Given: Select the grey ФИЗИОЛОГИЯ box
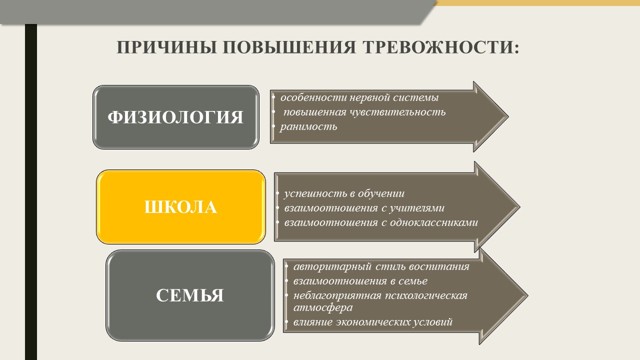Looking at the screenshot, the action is coord(175,117).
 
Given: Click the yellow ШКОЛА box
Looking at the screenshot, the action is coord(181,207).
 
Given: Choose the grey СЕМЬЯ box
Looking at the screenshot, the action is coord(190,295).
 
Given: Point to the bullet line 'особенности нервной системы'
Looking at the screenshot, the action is coord(359,97).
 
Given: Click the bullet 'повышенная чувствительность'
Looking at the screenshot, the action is coord(364,112).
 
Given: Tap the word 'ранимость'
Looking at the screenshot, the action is coord(308,126).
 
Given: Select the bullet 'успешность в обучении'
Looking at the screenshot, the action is coord(344,193).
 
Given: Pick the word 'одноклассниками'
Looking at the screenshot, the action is coord(433,222).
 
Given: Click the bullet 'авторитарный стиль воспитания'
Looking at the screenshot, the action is coord(381,266).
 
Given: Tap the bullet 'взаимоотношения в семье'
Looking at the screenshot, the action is coord(360,281).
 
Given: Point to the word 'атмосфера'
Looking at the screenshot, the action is coord(323,307).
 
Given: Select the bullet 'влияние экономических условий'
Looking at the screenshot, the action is coord(373,322).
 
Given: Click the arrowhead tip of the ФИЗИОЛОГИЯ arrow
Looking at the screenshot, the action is coord(508,116).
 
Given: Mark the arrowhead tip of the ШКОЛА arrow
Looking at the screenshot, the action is coord(519,206).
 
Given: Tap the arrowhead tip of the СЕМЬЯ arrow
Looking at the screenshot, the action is coord(527,295).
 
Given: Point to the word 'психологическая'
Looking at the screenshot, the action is coord(426,295).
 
